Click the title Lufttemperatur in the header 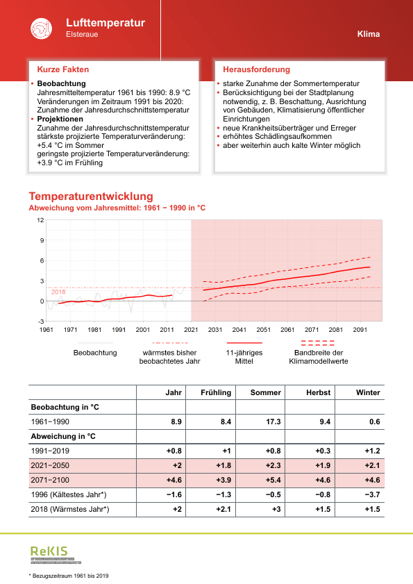point(106,23)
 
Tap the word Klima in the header point(369,34)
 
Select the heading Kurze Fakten point(62,69)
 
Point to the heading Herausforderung point(256,69)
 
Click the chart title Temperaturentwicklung point(91,197)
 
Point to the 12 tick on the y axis point(40,220)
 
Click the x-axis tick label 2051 point(263,330)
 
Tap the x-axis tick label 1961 point(47,330)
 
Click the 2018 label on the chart point(58,292)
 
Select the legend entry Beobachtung point(94,353)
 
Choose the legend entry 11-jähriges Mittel point(244,357)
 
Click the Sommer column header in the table point(265,392)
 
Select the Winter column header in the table point(368,392)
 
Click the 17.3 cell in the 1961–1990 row point(273,422)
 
